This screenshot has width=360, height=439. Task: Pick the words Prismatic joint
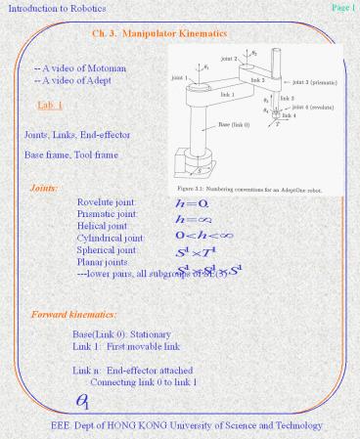pyautogui.click(x=108, y=214)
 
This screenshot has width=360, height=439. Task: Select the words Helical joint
pyautogui.click(x=103, y=226)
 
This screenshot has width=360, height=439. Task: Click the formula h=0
pyautogui.click(x=186, y=203)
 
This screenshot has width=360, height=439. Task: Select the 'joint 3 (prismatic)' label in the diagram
pyautogui.click(x=311, y=85)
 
